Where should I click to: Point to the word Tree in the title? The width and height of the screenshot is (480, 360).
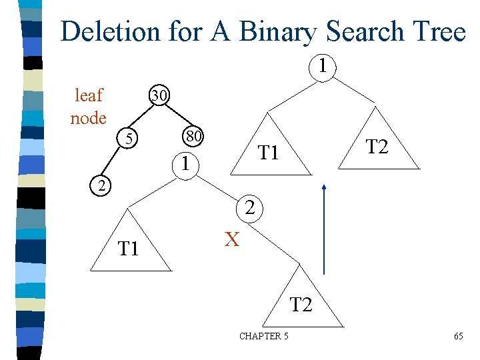[x=438, y=31]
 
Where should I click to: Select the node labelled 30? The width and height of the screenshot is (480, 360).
[x=159, y=95]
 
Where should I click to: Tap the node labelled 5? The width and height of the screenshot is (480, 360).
[x=131, y=139]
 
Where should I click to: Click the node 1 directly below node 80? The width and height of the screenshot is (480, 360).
[x=189, y=163]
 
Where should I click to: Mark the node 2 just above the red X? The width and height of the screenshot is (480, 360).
[x=249, y=208]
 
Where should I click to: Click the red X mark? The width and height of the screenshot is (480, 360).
[x=231, y=239]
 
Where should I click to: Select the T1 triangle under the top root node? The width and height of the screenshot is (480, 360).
[x=268, y=153]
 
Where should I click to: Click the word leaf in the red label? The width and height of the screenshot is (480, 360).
[x=89, y=95]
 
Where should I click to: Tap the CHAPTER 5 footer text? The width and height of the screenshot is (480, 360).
[x=264, y=336]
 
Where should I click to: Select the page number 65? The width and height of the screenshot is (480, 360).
[x=459, y=336]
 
